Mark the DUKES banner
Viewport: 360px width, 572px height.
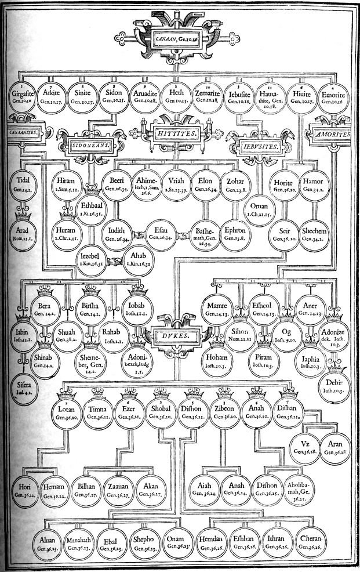[x=179, y=335]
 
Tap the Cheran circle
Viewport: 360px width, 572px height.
[x=314, y=543]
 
